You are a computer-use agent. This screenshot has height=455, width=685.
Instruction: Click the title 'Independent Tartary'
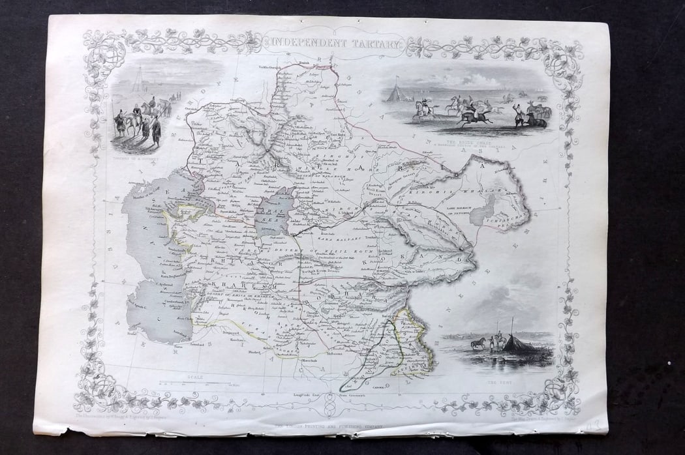click(x=333, y=44)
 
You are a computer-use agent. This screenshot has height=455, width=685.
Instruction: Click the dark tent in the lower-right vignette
click(x=521, y=344)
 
